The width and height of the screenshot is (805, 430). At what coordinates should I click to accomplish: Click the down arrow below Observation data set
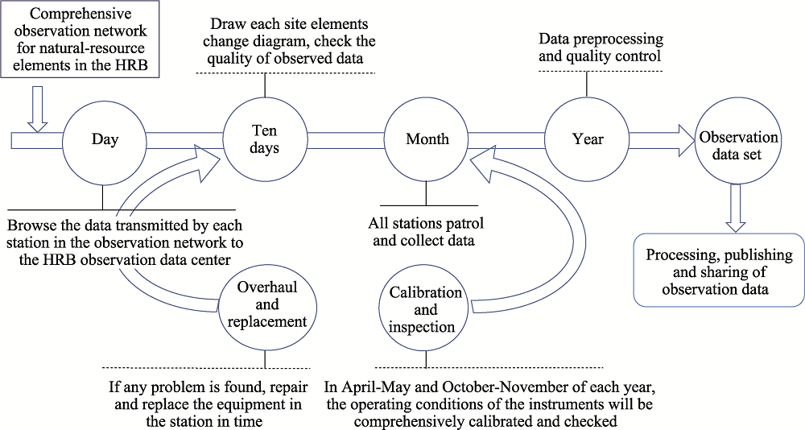[736, 208]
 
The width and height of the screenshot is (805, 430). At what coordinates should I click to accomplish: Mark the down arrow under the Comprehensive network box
[37, 109]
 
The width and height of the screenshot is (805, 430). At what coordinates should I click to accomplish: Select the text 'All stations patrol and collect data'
[425, 232]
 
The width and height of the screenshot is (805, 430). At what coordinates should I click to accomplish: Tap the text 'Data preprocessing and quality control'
[601, 47]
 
